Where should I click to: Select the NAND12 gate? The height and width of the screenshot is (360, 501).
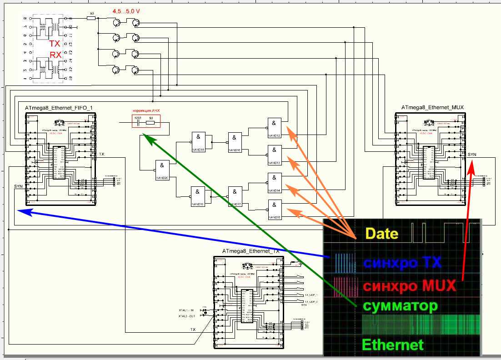click(x=275, y=128)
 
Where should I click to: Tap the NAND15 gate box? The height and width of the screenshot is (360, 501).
click(x=275, y=210)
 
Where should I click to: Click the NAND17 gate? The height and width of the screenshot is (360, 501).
click(x=235, y=196)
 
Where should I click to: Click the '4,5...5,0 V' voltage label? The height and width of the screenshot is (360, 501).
click(x=126, y=10)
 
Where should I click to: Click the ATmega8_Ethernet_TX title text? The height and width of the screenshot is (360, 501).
click(x=251, y=251)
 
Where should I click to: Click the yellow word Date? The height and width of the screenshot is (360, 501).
click(x=382, y=234)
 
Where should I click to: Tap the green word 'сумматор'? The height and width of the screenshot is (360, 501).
click(x=400, y=305)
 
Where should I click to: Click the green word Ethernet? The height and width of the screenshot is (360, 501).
click(x=392, y=344)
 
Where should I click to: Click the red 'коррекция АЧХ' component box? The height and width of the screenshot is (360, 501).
click(x=146, y=121)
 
